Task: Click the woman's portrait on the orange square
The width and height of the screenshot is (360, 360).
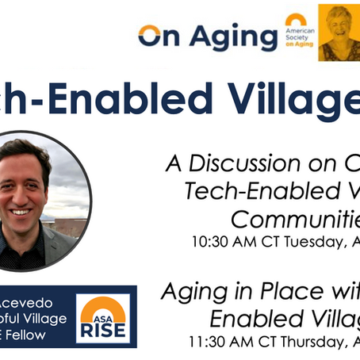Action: click(339, 32)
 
